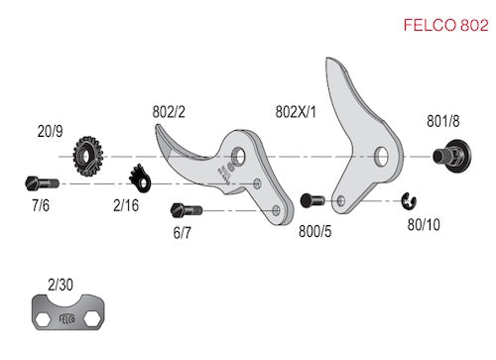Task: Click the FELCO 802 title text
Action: pyautogui.click(x=445, y=25)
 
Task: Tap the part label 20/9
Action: pyautogui.click(x=50, y=131)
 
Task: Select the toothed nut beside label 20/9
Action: pyautogui.click(x=88, y=156)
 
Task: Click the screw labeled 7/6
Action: pyautogui.click(x=42, y=183)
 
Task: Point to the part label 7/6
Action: pyautogui.click(x=41, y=205)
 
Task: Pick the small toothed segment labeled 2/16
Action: pyautogui.click(x=140, y=179)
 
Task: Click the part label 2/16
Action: pyautogui.click(x=126, y=205)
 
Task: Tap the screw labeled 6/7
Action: pyautogui.click(x=186, y=210)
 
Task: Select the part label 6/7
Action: pyautogui.click(x=183, y=233)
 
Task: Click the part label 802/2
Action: pyautogui.click(x=169, y=112)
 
